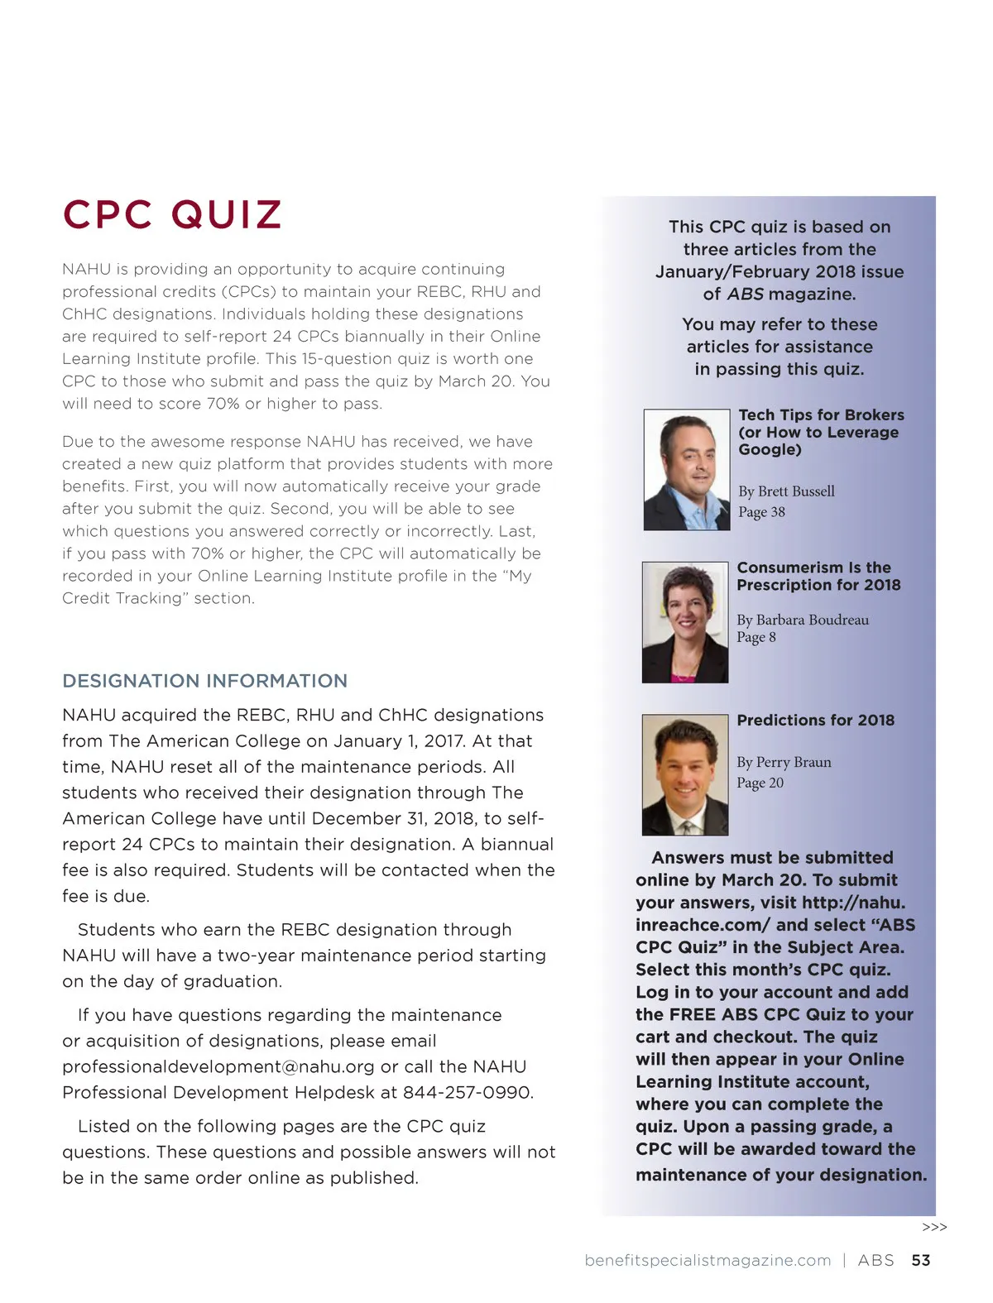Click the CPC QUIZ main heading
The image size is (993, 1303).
172,214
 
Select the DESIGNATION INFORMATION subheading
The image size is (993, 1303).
204,681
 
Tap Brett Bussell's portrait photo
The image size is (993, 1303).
687,469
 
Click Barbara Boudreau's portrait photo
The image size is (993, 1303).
685,622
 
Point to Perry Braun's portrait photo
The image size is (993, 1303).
685,775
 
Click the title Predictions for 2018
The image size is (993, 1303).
815,720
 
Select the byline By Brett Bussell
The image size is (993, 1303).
786,491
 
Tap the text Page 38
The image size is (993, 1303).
761,512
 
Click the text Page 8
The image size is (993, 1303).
756,637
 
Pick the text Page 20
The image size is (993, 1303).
760,783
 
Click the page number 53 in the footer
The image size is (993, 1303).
920,1260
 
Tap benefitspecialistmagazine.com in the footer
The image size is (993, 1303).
708,1260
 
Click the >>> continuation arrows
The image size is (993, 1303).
934,1227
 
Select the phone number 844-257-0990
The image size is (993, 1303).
468,1092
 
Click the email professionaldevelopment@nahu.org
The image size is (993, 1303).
218,1066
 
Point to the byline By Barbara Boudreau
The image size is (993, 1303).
803,620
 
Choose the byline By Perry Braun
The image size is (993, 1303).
784,762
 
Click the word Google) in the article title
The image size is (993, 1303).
770,449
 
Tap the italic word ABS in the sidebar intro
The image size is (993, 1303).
745,294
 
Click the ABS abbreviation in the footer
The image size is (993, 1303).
875,1260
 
